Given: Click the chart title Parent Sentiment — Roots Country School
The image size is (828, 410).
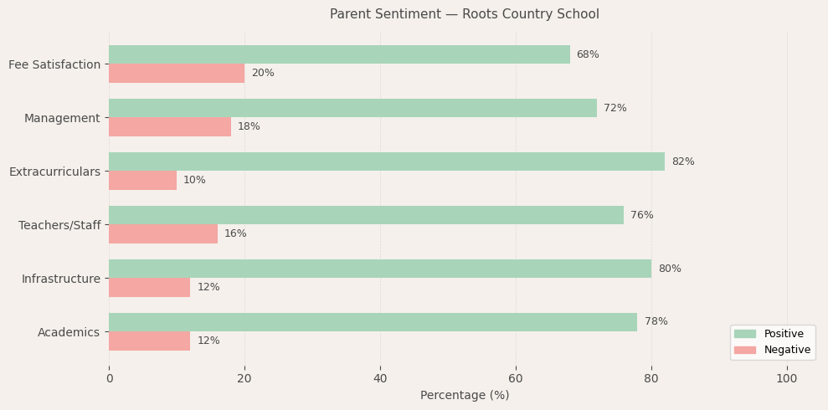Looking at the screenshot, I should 464,14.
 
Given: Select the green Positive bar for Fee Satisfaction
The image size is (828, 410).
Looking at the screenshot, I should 339,54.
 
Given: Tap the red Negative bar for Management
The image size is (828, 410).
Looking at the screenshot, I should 170,126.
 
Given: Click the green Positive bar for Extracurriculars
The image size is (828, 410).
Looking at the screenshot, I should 387,161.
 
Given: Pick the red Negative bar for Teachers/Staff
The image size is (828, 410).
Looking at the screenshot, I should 163,233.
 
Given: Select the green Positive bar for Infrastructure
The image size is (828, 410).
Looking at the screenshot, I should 380,269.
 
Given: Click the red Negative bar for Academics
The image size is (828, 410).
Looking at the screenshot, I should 150,341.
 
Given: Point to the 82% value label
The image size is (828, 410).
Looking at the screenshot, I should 682,161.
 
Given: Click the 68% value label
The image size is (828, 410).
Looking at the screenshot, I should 588,54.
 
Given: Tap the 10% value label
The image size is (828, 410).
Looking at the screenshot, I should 194,180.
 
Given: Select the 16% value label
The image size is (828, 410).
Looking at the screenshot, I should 235,233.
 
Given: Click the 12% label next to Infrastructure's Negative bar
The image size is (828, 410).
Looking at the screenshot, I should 208,287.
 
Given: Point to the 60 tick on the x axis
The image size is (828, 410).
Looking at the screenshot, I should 516,379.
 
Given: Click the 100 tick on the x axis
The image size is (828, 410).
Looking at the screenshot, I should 787,379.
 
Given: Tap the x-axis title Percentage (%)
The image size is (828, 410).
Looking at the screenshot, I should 464,396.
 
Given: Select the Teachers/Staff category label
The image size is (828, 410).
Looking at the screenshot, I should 59,225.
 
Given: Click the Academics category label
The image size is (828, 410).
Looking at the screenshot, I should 69,332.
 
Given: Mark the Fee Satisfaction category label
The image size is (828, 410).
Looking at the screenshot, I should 54,64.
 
